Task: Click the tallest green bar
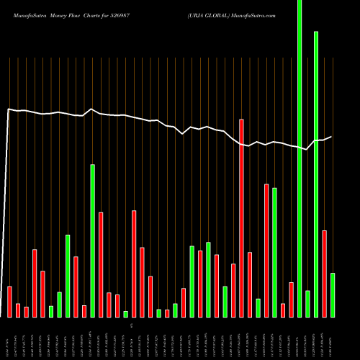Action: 300,158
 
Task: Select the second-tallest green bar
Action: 316,174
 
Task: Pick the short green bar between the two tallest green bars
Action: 307,303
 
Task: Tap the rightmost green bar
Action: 332,294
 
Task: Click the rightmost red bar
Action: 324,274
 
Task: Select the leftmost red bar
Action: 10,301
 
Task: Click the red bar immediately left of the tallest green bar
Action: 291,299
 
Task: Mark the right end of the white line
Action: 332,137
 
